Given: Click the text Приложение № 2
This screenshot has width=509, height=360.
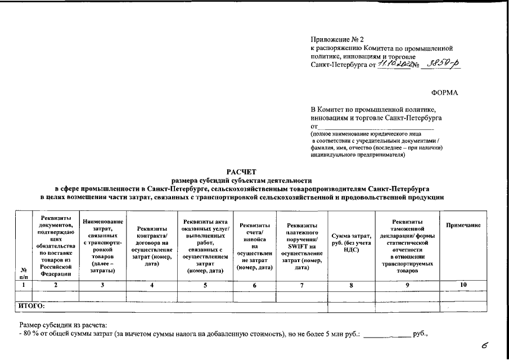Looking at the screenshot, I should (337, 40).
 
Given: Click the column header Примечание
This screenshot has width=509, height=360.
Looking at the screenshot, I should (463, 225).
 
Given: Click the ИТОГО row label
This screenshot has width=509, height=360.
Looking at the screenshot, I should (32, 307).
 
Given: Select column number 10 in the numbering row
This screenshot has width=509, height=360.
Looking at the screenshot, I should (463, 285).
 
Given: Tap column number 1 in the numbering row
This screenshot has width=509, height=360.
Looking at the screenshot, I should (23, 286).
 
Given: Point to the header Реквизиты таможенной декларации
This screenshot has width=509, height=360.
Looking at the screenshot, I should (407, 246).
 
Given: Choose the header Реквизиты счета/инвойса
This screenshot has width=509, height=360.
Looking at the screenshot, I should (254, 246).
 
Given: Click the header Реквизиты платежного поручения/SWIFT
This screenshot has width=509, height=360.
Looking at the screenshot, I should (303, 246).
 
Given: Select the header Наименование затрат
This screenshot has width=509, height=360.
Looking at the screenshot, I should (102, 246).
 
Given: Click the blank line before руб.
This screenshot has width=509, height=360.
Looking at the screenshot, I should (388, 334).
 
